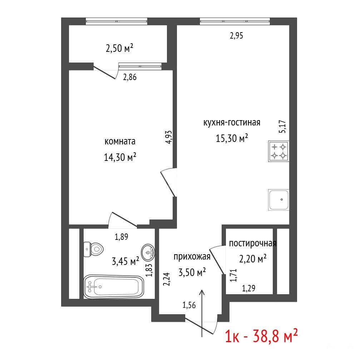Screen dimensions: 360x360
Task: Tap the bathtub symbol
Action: (114, 287)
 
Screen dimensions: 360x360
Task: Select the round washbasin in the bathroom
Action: (148, 252)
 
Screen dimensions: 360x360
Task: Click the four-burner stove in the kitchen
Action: (278, 151)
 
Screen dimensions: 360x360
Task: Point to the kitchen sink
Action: (278, 200)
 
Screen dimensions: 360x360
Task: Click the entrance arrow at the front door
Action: (202, 313)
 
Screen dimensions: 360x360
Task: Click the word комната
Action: (120, 141)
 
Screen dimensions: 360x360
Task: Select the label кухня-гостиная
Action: (232, 122)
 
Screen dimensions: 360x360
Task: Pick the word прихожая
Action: (192, 257)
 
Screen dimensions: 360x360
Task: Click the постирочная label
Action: (253, 243)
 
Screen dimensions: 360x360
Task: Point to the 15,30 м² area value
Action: (232, 138)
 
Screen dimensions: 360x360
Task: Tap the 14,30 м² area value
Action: (120, 157)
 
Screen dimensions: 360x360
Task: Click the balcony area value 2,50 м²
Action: (119, 48)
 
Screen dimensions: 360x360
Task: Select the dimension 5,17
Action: (282, 127)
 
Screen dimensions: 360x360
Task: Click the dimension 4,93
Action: (168, 137)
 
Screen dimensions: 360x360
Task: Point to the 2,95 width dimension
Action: (236, 36)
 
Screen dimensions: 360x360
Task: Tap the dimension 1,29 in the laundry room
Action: (249, 288)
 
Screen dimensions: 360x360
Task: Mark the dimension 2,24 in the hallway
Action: (167, 279)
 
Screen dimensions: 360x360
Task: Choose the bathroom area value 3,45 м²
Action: (125, 261)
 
